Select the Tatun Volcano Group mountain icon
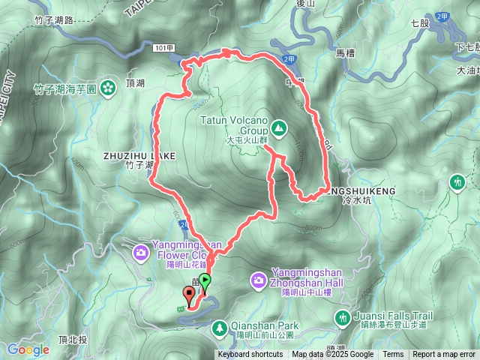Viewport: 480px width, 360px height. pos(279,128)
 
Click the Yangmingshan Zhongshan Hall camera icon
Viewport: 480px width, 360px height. pos(258,280)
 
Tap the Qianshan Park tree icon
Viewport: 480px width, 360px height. pos(219,327)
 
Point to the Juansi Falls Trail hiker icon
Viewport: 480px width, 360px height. pos(343,319)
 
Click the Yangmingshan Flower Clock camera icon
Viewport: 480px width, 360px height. pos(141,253)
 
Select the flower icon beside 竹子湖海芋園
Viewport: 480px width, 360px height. pos(109,88)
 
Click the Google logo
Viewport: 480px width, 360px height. pos(28,349)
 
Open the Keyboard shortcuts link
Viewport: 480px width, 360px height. pos(250,355)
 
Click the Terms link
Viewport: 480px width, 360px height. pos(393,355)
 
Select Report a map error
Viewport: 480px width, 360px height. pos(444,355)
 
